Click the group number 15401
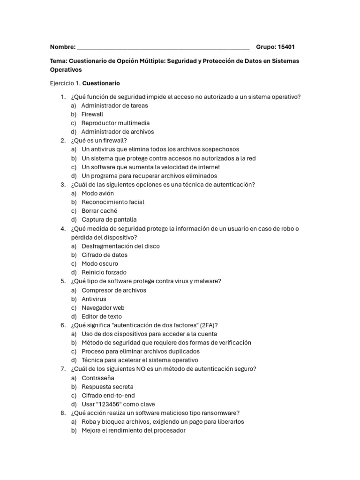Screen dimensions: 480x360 tap(286, 47)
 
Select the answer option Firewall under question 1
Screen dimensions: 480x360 tap(92, 114)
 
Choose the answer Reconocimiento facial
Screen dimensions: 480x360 tap(113, 202)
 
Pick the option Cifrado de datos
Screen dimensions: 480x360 tap(105, 255)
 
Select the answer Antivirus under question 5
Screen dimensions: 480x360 tap(94, 299)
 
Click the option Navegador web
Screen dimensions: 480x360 tap(103, 308)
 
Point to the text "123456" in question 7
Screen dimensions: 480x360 tap(108, 405)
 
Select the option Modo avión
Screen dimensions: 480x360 tap(97, 193)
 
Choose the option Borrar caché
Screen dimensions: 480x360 tap(99, 211)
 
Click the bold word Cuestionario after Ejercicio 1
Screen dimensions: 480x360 tap(101, 83)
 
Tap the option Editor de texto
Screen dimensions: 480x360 tap(102, 317)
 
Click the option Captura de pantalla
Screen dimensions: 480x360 tap(109, 219)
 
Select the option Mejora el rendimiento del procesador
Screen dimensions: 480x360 tap(134, 431)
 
